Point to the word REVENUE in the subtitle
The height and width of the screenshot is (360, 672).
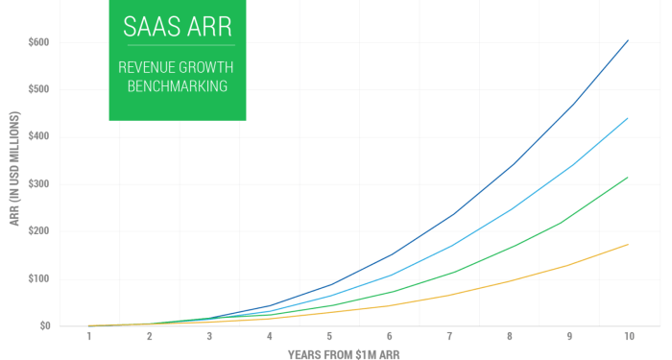tap(147, 67)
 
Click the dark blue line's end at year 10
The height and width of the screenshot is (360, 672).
tap(629, 40)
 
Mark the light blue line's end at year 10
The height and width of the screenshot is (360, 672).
tap(629, 118)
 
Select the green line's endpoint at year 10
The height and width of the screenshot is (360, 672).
tap(629, 177)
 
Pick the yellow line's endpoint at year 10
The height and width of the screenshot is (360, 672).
tap(629, 244)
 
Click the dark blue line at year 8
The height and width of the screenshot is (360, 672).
tap(509, 164)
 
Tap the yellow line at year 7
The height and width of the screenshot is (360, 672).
tap(448, 295)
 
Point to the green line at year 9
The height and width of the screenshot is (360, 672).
tap(568, 222)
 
